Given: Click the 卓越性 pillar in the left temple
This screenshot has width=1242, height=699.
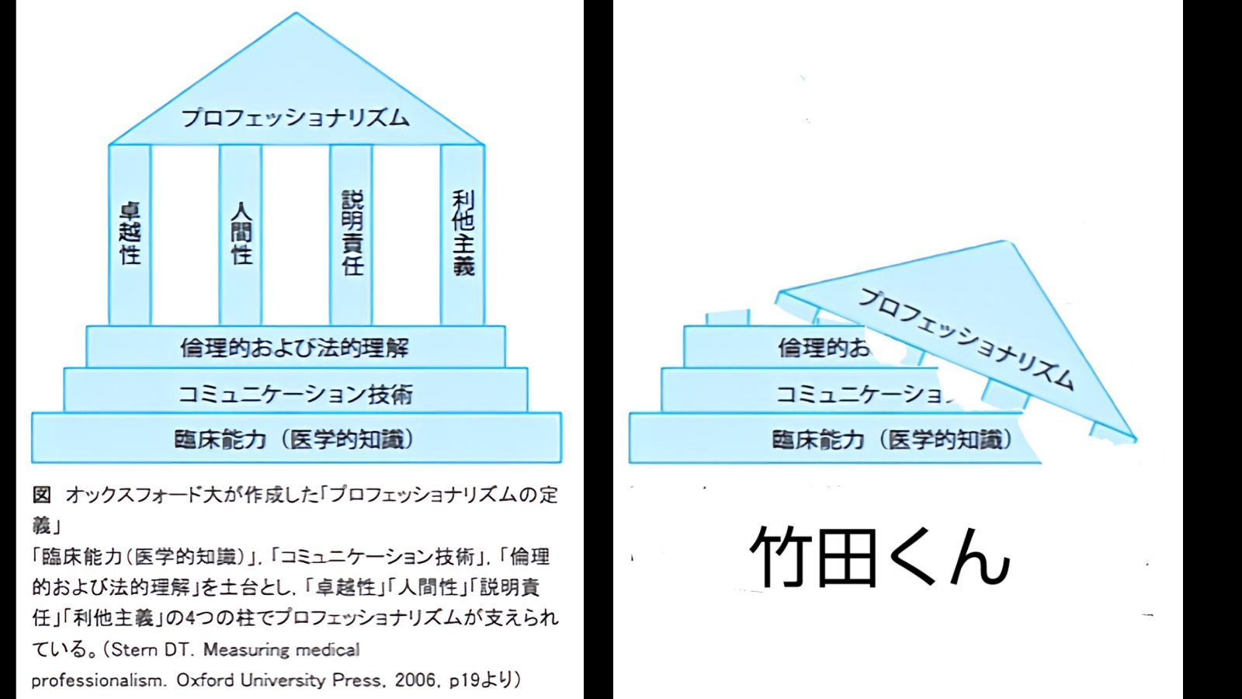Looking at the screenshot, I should coord(130,233).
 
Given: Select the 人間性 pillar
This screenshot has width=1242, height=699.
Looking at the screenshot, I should coord(241,233).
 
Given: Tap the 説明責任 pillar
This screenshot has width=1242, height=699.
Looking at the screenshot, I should coord(352,233).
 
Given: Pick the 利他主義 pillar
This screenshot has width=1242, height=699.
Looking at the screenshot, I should coord(463,233).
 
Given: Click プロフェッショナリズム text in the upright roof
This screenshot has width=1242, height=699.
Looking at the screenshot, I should coord(295,118).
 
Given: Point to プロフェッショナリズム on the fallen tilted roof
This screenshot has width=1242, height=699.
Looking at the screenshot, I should coord(966,339).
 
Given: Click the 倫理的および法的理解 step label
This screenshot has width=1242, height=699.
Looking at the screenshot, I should coord(295,347).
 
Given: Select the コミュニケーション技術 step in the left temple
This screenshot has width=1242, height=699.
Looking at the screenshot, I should coord(295,394).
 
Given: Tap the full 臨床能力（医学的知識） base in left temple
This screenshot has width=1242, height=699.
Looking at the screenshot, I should coord(295,440).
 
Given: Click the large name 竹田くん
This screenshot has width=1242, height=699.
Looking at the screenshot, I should coord(879,557).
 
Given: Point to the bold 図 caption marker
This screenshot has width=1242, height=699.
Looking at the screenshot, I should coord(41,495).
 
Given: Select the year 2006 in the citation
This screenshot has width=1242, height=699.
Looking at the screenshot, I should coord(415,680).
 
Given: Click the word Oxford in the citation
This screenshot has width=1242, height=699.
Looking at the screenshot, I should coord(205,680).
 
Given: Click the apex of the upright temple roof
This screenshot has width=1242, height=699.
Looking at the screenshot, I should coord(296,14).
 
